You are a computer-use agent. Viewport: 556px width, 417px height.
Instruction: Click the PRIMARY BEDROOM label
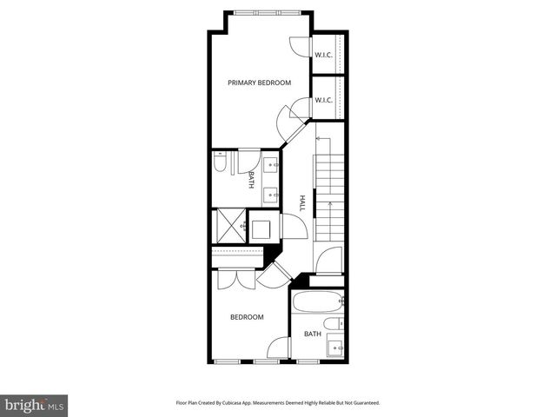pyautogui.click(x=259, y=83)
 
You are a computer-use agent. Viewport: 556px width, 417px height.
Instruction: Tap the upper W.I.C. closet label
pyautogui.click(x=324, y=55)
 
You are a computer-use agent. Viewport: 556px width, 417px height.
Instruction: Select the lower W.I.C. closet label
pyautogui.click(x=324, y=100)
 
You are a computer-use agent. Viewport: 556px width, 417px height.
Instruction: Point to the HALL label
pyautogui.click(x=302, y=202)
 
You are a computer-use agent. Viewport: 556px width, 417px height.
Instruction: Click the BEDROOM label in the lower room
pyautogui.click(x=246, y=317)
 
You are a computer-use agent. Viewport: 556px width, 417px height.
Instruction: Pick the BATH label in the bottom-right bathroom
pyautogui.click(x=313, y=334)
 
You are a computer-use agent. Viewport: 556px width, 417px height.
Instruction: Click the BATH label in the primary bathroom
pyautogui.click(x=251, y=179)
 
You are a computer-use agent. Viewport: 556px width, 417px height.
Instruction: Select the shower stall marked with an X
pyautogui.click(x=228, y=225)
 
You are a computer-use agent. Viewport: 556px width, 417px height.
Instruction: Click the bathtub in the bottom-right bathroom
pyautogui.click(x=318, y=304)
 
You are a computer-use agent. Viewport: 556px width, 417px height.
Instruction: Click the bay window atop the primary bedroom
pyautogui.click(x=268, y=12)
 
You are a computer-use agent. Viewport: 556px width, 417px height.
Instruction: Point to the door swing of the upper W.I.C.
pyautogui.click(x=299, y=48)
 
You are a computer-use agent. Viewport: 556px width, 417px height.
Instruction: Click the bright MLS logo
pyautogui.click(x=34, y=404)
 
